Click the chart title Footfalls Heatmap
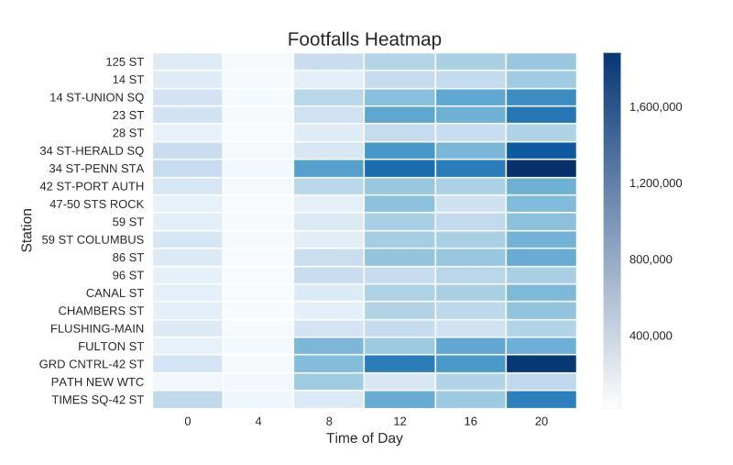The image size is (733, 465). (x=364, y=39)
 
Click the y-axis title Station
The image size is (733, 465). (x=27, y=230)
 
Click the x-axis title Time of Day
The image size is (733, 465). (x=364, y=438)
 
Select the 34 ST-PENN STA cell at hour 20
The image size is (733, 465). (x=541, y=169)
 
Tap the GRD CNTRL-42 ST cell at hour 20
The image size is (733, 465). (x=541, y=364)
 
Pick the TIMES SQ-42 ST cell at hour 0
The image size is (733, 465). (x=187, y=400)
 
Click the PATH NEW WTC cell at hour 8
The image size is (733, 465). (x=328, y=382)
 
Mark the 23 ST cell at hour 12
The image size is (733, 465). (x=399, y=116)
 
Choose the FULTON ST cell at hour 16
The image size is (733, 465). (x=470, y=346)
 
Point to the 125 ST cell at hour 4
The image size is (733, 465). (x=257, y=62)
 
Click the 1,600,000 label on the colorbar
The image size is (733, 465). (x=655, y=107)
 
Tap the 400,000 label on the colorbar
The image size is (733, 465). (x=651, y=336)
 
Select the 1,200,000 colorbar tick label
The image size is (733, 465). (x=655, y=183)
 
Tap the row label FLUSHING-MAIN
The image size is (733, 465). (x=97, y=328)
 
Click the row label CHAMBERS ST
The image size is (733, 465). (x=101, y=311)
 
